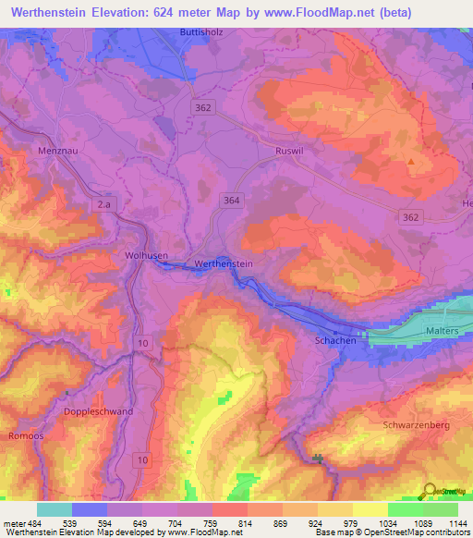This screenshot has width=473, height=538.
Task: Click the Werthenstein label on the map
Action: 224,264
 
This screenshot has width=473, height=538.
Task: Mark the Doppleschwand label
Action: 99,411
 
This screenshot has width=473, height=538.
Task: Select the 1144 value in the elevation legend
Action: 456,523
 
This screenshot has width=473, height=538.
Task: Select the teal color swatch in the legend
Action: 55,510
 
